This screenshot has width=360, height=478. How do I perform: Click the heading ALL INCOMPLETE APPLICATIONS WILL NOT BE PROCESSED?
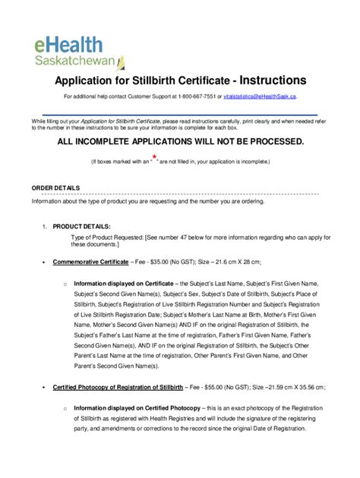click(x=179, y=142)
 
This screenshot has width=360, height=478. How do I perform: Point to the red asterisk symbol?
click(x=154, y=157)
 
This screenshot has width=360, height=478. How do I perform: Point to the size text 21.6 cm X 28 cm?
click(x=232, y=261)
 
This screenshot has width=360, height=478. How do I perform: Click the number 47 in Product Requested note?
click(x=201, y=236)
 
